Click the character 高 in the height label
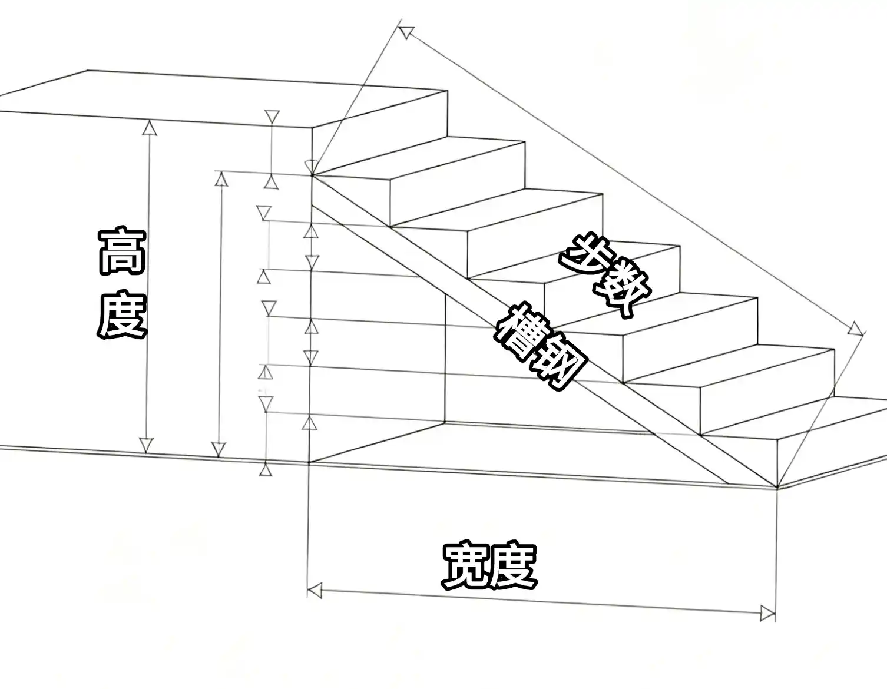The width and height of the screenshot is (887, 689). tap(122, 252)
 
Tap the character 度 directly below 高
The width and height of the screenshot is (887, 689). tap(122, 314)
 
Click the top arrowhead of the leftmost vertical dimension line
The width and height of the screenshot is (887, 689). tap(151, 128)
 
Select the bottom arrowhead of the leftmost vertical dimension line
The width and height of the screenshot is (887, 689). tap(146, 445)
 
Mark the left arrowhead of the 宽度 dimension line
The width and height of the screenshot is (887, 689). tap(315, 591)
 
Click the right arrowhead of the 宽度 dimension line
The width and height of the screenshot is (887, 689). tap(767, 614)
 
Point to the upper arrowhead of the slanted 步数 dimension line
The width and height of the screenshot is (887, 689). tap(406, 32)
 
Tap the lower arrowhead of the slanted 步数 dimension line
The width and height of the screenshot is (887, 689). tap(856, 329)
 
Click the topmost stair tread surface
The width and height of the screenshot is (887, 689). tap(419, 160)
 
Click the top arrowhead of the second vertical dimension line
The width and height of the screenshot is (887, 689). tap(221, 179)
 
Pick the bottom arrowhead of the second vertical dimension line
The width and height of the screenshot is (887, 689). tap(219, 449)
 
